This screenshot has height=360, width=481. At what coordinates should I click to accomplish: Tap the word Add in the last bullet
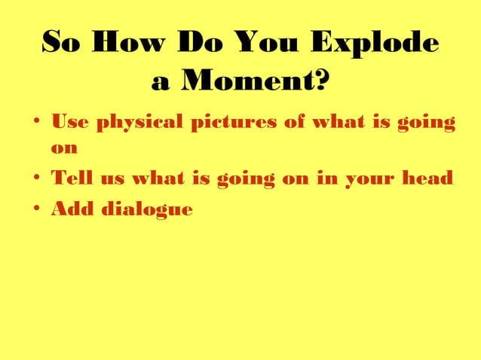coord(69,209)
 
